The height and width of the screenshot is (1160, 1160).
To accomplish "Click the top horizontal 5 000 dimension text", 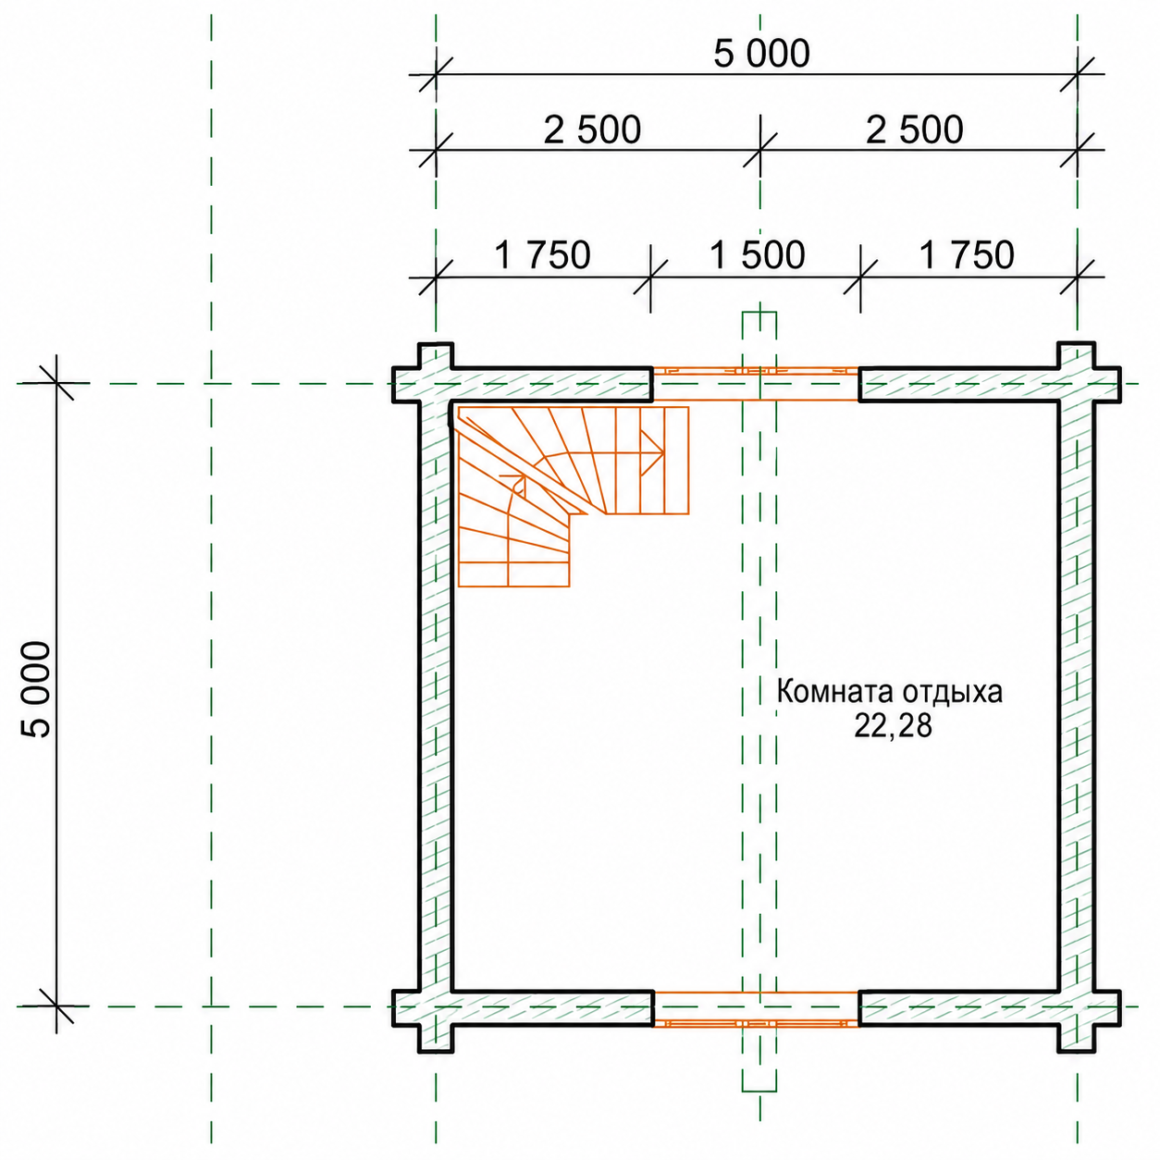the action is point(761,54).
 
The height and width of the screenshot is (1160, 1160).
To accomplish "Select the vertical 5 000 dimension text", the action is point(35,689).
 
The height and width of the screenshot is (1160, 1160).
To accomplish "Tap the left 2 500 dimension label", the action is point(592,130).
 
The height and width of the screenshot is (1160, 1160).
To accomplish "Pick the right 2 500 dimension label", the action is point(914,130).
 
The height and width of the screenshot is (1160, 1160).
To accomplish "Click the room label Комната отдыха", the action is point(890,692).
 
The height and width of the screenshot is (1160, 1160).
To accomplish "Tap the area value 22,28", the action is point(894,726).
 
